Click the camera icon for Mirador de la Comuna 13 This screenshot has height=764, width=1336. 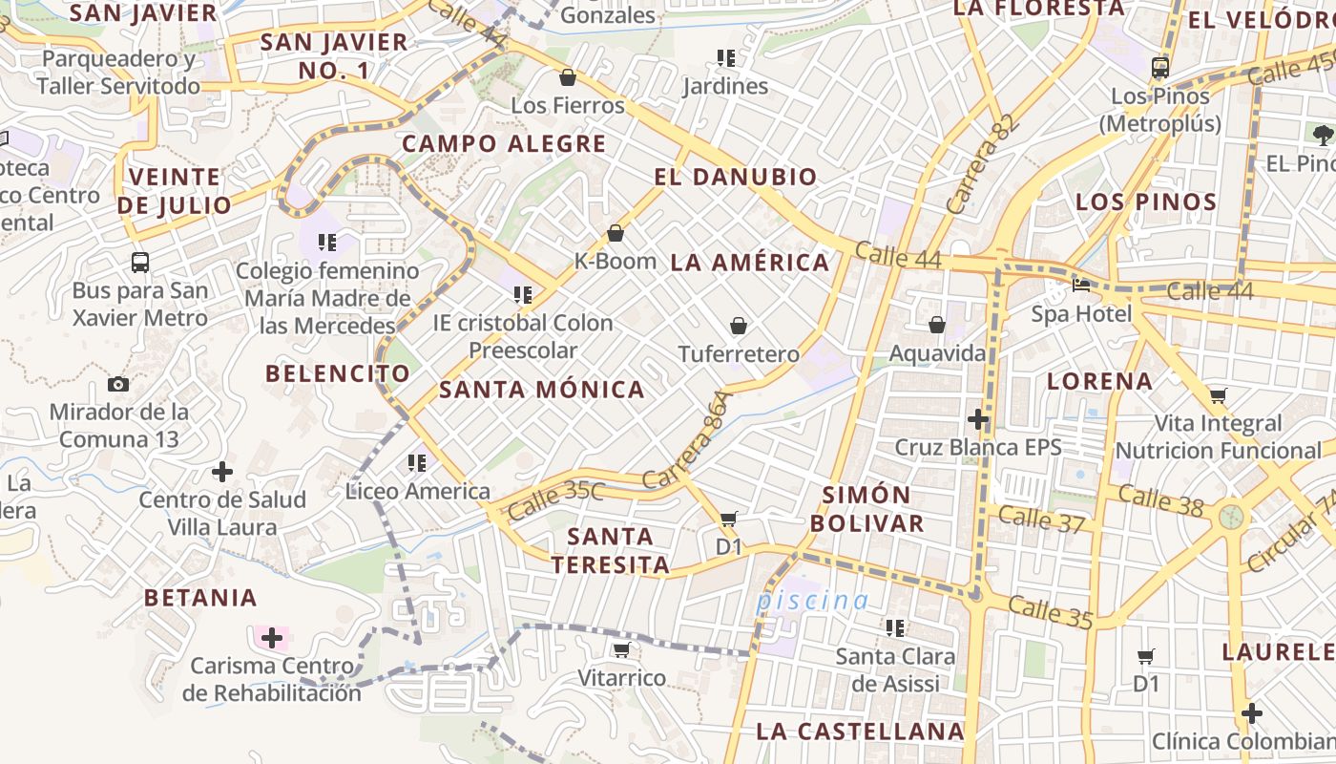(118, 384)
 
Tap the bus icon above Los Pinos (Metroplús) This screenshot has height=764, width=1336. (1160, 67)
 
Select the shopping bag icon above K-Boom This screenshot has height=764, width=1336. (616, 233)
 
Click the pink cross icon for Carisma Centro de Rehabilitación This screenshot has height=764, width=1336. (272, 637)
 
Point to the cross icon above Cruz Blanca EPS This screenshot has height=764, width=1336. (978, 418)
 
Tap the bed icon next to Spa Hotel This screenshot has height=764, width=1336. (1081, 286)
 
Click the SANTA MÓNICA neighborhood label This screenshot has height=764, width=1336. (541, 390)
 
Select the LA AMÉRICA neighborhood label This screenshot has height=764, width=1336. (750, 263)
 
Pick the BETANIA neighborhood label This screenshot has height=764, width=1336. (200, 599)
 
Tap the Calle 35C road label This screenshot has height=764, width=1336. (555, 500)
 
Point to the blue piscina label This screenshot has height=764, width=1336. (812, 601)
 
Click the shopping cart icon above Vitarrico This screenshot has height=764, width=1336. (621, 650)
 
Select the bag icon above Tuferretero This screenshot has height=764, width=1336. (738, 326)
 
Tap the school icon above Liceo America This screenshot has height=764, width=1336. (417, 463)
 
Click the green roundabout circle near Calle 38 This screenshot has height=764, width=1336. (1232, 517)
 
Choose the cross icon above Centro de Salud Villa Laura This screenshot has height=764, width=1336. (222, 472)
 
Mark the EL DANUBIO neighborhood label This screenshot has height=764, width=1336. (736, 177)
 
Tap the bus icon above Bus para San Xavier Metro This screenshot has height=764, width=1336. (140, 262)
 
